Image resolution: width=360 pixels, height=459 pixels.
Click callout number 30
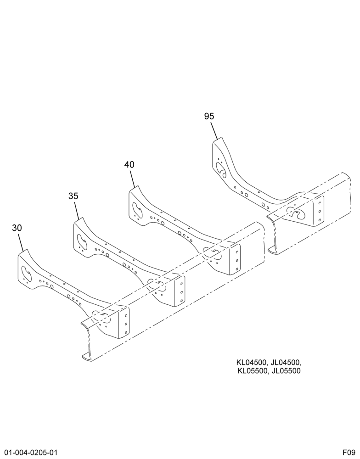(17, 228)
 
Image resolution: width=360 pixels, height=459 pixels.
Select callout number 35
(73, 196)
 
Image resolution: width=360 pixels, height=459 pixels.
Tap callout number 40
(129, 164)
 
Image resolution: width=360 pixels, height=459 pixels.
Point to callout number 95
(209, 116)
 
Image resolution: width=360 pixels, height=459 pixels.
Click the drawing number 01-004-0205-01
(29, 453)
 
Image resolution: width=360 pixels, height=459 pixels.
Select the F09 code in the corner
(349, 453)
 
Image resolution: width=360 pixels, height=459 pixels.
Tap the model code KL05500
(252, 371)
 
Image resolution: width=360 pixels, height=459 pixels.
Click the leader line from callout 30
(21, 242)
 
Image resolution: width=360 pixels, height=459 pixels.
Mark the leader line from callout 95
(214, 130)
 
